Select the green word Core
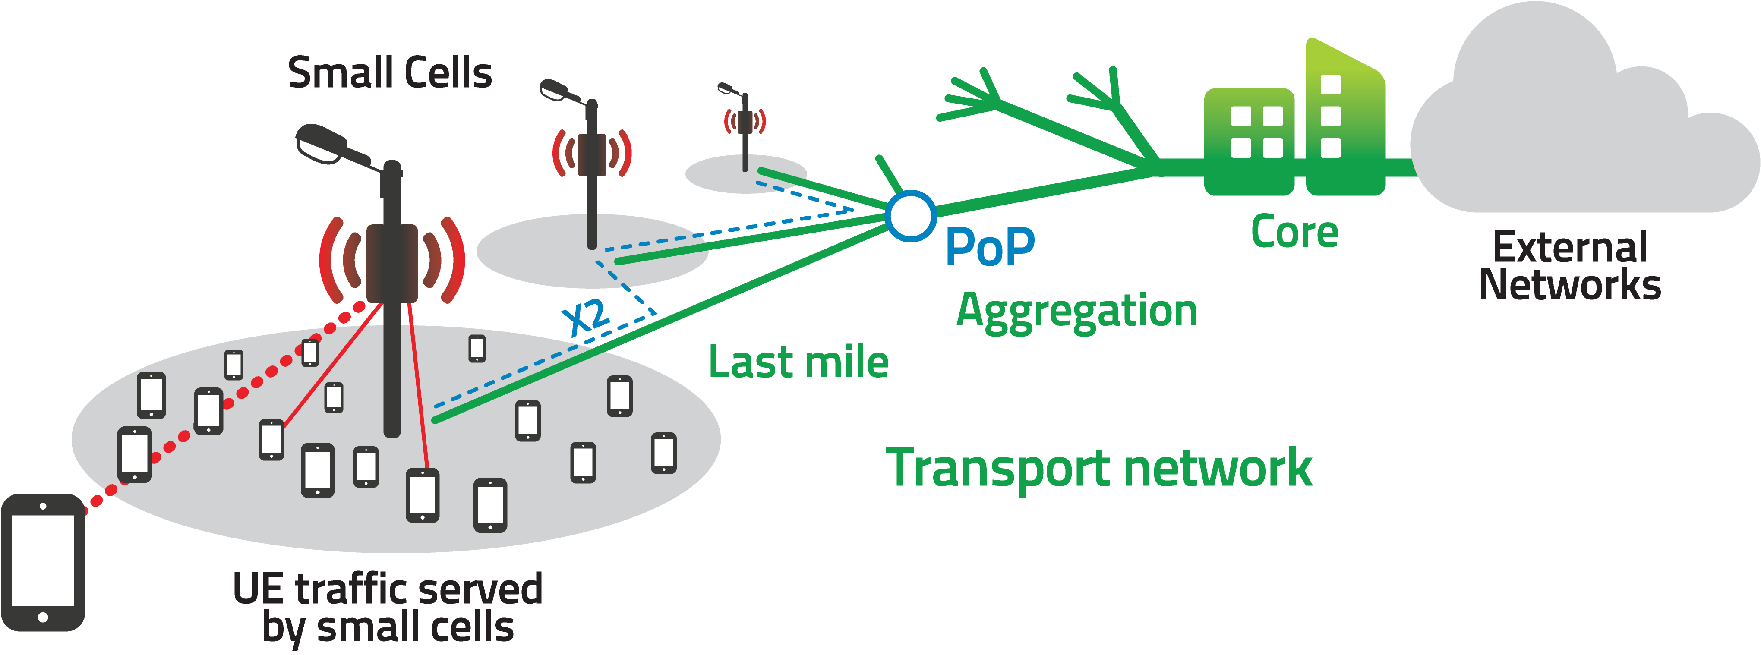pos(1294,231)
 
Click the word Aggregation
pos(1077,312)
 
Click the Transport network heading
pos(1098,468)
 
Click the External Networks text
pos(1570,265)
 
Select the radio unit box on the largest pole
pos(392,263)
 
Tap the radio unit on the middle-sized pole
pos(592,155)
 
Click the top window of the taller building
pos(1330,84)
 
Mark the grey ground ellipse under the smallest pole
pos(746,173)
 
